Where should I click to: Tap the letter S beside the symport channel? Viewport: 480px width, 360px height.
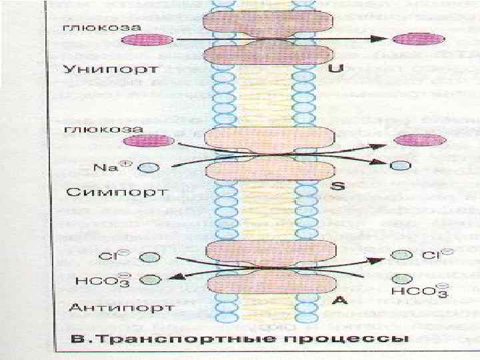pos(338,186)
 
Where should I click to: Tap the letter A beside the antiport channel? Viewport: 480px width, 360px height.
pos(339,301)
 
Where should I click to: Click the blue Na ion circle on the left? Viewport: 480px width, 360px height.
pos(151,168)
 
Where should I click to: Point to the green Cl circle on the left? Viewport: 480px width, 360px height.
pos(151,257)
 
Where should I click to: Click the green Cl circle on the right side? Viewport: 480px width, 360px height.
pos(401,255)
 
